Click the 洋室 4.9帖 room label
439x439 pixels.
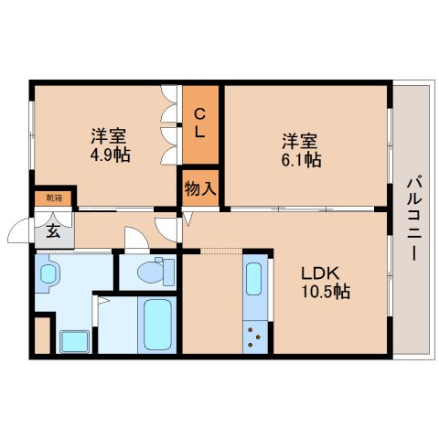click(x=109, y=146)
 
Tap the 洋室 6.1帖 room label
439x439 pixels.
click(x=300, y=151)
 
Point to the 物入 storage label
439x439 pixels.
click(x=199, y=189)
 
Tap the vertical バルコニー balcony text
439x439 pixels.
click(x=412, y=219)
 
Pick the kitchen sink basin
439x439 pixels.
click(x=255, y=278)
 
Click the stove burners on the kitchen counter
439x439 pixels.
click(x=256, y=337)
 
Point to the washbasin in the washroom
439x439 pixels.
click(x=50, y=273)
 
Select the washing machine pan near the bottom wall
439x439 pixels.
click(x=73, y=340)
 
